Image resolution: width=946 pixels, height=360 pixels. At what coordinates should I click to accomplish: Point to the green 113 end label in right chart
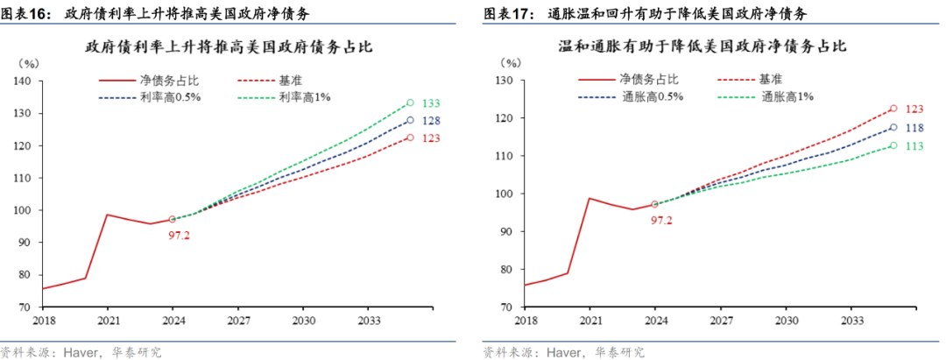914,146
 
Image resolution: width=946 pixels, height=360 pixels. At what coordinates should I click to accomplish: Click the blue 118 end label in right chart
914,128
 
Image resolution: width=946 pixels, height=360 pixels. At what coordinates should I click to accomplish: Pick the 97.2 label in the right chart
661,220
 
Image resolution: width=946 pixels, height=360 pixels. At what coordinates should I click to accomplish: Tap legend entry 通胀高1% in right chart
787,96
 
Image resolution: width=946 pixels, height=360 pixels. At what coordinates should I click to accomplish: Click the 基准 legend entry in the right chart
771,80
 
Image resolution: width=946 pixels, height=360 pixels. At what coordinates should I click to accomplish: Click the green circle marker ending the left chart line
410,103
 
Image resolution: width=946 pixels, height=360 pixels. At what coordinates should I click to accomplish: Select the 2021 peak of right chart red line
589,198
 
